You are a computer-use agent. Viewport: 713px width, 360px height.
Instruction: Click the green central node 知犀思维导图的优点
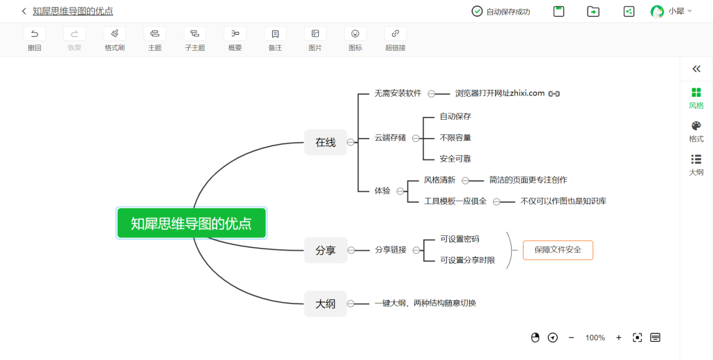click(191, 224)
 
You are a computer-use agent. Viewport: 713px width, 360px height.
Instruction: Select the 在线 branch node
click(326, 142)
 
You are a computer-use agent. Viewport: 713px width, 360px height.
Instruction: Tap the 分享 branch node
click(326, 250)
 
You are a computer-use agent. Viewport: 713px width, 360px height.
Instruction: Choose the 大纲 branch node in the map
click(326, 304)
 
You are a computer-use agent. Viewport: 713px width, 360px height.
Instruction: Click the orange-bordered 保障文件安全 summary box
click(558, 250)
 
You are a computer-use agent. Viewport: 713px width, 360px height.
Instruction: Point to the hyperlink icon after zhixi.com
click(554, 93)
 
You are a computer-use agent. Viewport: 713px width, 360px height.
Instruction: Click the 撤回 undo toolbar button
click(35, 39)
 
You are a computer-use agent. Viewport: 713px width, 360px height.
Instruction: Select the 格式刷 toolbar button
click(115, 39)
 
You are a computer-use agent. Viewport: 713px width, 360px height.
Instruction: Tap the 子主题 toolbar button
click(195, 39)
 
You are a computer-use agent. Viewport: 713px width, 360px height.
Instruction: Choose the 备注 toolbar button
click(275, 39)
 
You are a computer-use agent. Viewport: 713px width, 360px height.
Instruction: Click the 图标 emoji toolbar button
click(355, 39)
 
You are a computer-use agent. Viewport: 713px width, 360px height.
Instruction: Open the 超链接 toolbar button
click(395, 39)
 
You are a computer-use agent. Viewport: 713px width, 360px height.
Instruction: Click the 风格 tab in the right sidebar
click(696, 99)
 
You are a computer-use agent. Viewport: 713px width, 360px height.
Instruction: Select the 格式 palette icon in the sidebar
click(696, 126)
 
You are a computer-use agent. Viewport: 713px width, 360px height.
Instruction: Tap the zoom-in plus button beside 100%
click(618, 337)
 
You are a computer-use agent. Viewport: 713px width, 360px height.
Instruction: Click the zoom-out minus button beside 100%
click(571, 337)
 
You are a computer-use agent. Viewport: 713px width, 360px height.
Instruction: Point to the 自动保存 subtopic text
click(455, 116)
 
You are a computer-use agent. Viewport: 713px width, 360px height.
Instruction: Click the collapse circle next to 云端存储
click(416, 138)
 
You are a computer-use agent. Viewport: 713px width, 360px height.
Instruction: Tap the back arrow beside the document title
click(24, 11)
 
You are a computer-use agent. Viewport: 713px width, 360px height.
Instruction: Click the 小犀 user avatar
click(657, 11)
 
